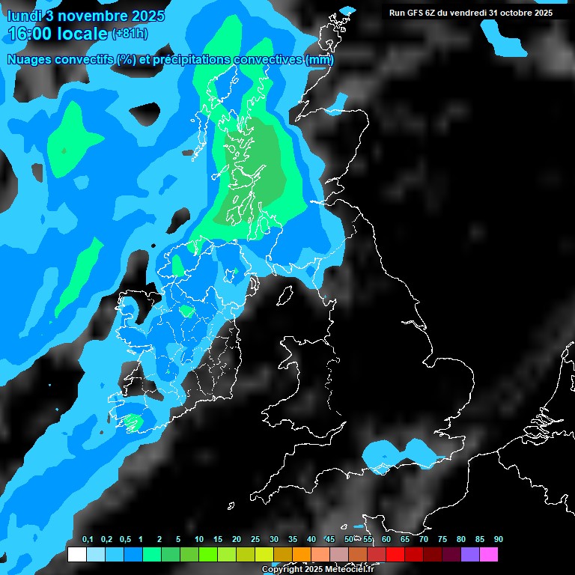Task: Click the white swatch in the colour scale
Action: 76,555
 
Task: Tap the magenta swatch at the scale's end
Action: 489,555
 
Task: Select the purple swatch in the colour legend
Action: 470,555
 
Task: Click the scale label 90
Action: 499,539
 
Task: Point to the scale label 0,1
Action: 88,539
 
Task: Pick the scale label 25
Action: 255,539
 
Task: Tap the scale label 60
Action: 386,539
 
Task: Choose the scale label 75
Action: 442,539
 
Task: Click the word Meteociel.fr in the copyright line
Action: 349,570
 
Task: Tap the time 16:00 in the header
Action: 36,34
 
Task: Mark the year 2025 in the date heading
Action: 147,16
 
